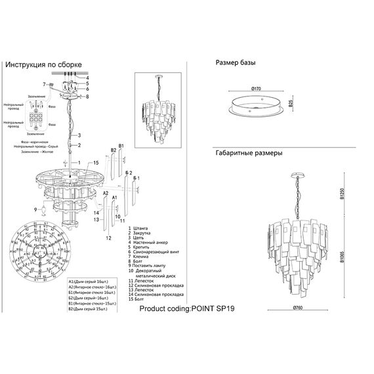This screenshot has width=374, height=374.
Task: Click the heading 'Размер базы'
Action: [x=236, y=63]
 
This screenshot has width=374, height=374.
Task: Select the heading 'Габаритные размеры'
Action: [x=249, y=153]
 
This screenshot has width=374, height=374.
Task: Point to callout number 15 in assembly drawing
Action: [x=95, y=162]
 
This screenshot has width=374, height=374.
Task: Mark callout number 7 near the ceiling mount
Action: [x=44, y=85]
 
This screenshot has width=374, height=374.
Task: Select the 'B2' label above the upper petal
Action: [x=113, y=151]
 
